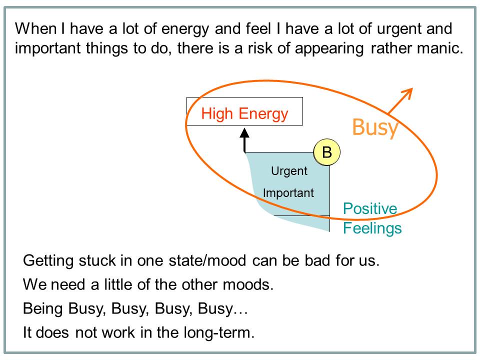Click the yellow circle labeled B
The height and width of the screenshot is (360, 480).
click(x=327, y=152)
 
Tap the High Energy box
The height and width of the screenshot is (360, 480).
click(x=244, y=113)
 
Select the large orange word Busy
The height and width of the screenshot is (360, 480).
click(x=375, y=127)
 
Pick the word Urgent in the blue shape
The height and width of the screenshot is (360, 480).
click(x=289, y=171)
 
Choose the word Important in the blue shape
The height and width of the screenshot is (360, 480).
click(x=288, y=193)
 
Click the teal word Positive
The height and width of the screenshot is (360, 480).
click(x=370, y=209)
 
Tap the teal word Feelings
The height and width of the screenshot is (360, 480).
click(x=372, y=228)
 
